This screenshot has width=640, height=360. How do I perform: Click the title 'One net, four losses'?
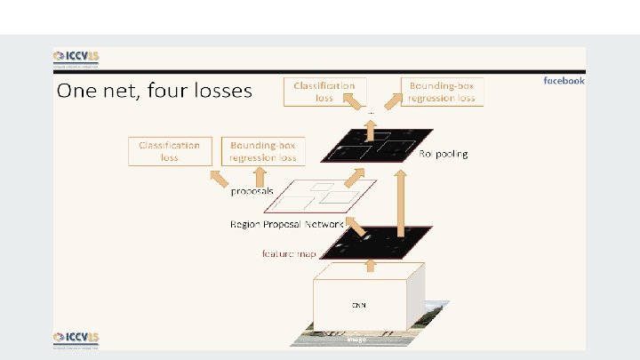[155, 91]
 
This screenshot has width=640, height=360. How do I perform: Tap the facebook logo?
[564, 81]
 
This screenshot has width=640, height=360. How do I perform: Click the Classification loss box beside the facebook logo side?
[324, 92]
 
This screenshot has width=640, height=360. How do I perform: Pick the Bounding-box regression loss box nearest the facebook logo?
[443, 92]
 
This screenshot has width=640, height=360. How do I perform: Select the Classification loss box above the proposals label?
[170, 150]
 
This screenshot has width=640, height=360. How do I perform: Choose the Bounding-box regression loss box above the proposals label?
[263, 150]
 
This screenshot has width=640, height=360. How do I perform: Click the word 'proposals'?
[252, 190]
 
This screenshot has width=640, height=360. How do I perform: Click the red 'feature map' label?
[289, 252]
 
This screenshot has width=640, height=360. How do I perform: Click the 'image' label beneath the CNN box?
[356, 339]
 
